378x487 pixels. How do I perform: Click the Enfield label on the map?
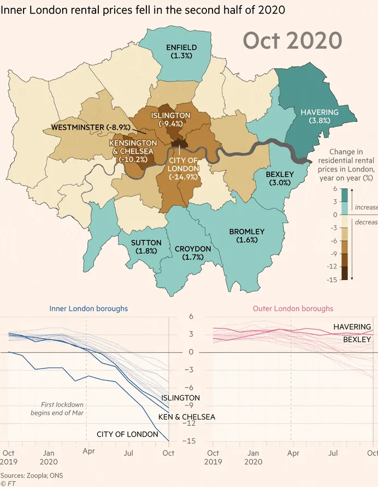coord(181,51)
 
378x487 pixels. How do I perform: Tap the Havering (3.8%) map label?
coord(320,116)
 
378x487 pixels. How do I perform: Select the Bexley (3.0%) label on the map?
coord(280,179)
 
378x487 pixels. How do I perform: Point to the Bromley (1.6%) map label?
coord(247,235)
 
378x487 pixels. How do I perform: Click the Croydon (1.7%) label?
coord(193,253)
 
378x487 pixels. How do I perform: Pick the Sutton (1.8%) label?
coord(146,246)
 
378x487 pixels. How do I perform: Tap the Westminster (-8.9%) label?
coord(91,127)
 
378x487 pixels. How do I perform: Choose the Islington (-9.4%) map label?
coord(170,120)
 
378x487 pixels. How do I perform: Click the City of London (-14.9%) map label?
coord(183,168)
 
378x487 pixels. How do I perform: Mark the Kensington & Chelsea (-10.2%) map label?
coord(134,151)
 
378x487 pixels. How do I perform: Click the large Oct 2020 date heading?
coord(292,41)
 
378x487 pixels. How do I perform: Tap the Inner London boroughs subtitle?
coord(88,308)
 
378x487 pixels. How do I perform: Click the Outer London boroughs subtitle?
coord(293,308)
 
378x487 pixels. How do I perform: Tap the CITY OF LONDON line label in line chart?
coord(127,435)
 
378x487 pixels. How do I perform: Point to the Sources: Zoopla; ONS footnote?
coord(32,476)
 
